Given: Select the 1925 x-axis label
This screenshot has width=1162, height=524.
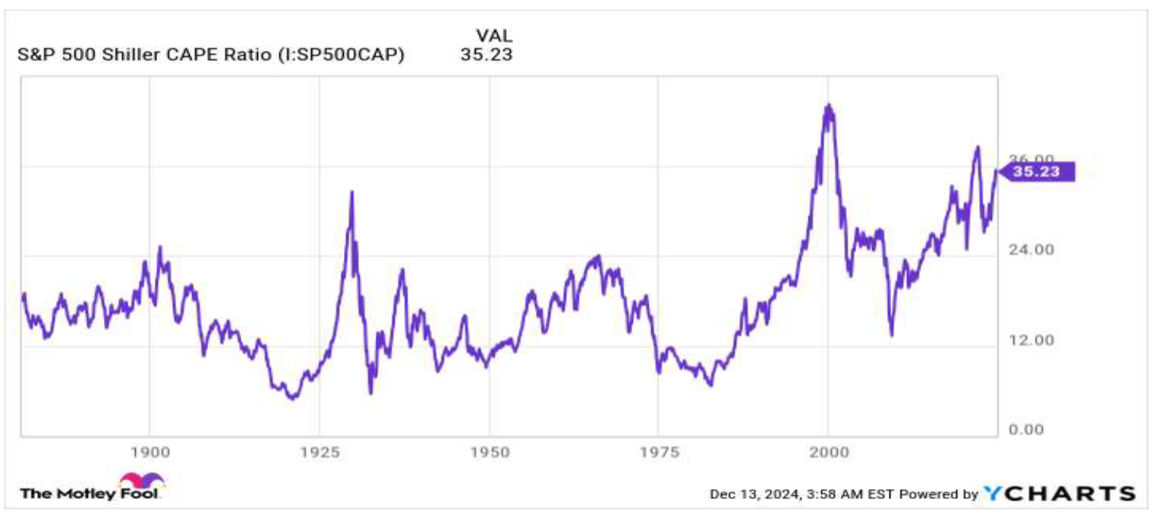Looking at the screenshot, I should (x=320, y=453).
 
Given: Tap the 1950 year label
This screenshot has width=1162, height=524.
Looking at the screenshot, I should (x=490, y=453).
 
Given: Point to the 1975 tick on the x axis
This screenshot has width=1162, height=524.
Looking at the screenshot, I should (x=659, y=453).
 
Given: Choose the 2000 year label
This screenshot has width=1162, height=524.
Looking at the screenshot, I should (x=829, y=453).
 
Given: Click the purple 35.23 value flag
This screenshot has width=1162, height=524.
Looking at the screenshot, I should (x=1036, y=172).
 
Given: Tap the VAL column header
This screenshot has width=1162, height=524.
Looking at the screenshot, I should (x=493, y=36).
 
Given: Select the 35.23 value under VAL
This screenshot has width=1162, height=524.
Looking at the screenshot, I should (x=486, y=55).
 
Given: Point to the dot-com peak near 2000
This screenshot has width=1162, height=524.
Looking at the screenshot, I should (x=828, y=106).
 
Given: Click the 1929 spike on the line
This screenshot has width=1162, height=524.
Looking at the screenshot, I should (x=351, y=193).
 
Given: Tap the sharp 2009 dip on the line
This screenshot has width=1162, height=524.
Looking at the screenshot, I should (x=891, y=334).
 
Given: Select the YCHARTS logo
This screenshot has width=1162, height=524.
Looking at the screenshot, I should (x=1059, y=494).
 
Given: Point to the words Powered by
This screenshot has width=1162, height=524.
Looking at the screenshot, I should (x=939, y=494).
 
